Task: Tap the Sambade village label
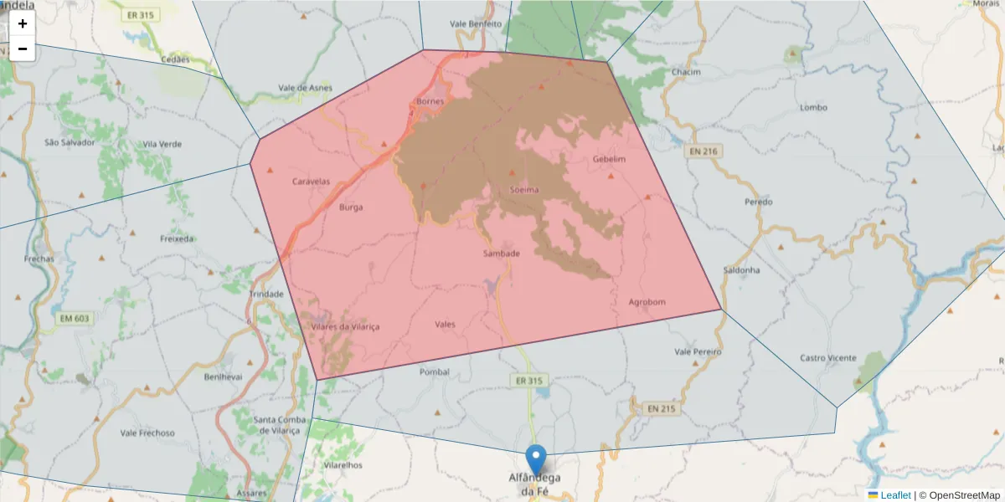click(x=502, y=254)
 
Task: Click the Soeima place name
click(x=524, y=190)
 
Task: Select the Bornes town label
click(x=430, y=102)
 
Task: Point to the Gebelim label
click(x=609, y=159)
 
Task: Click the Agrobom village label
click(x=647, y=302)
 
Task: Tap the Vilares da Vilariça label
click(x=345, y=327)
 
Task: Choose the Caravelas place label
click(x=311, y=182)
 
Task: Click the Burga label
click(x=351, y=207)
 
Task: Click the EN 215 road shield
click(x=661, y=408)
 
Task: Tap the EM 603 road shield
click(x=75, y=318)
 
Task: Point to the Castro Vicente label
click(x=827, y=358)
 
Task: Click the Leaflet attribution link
click(x=895, y=495)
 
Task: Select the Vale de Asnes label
click(x=305, y=88)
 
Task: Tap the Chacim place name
click(x=685, y=72)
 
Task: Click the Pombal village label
click(x=435, y=371)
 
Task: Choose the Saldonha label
click(x=741, y=270)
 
